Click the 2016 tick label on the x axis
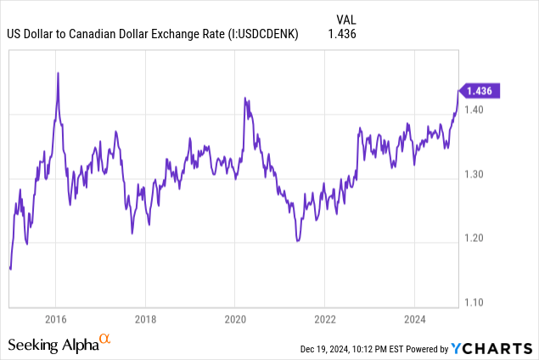click(x=56, y=319)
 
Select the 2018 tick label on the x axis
click(x=145, y=319)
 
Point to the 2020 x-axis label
click(x=235, y=319)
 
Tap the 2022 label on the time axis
click(x=324, y=319)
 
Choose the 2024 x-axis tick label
click(x=413, y=319)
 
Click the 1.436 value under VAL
click(x=341, y=34)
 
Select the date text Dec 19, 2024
click(x=325, y=349)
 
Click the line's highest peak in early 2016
click(x=58, y=73)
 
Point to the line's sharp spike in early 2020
click(x=244, y=98)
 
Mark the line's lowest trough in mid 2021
click(x=297, y=241)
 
